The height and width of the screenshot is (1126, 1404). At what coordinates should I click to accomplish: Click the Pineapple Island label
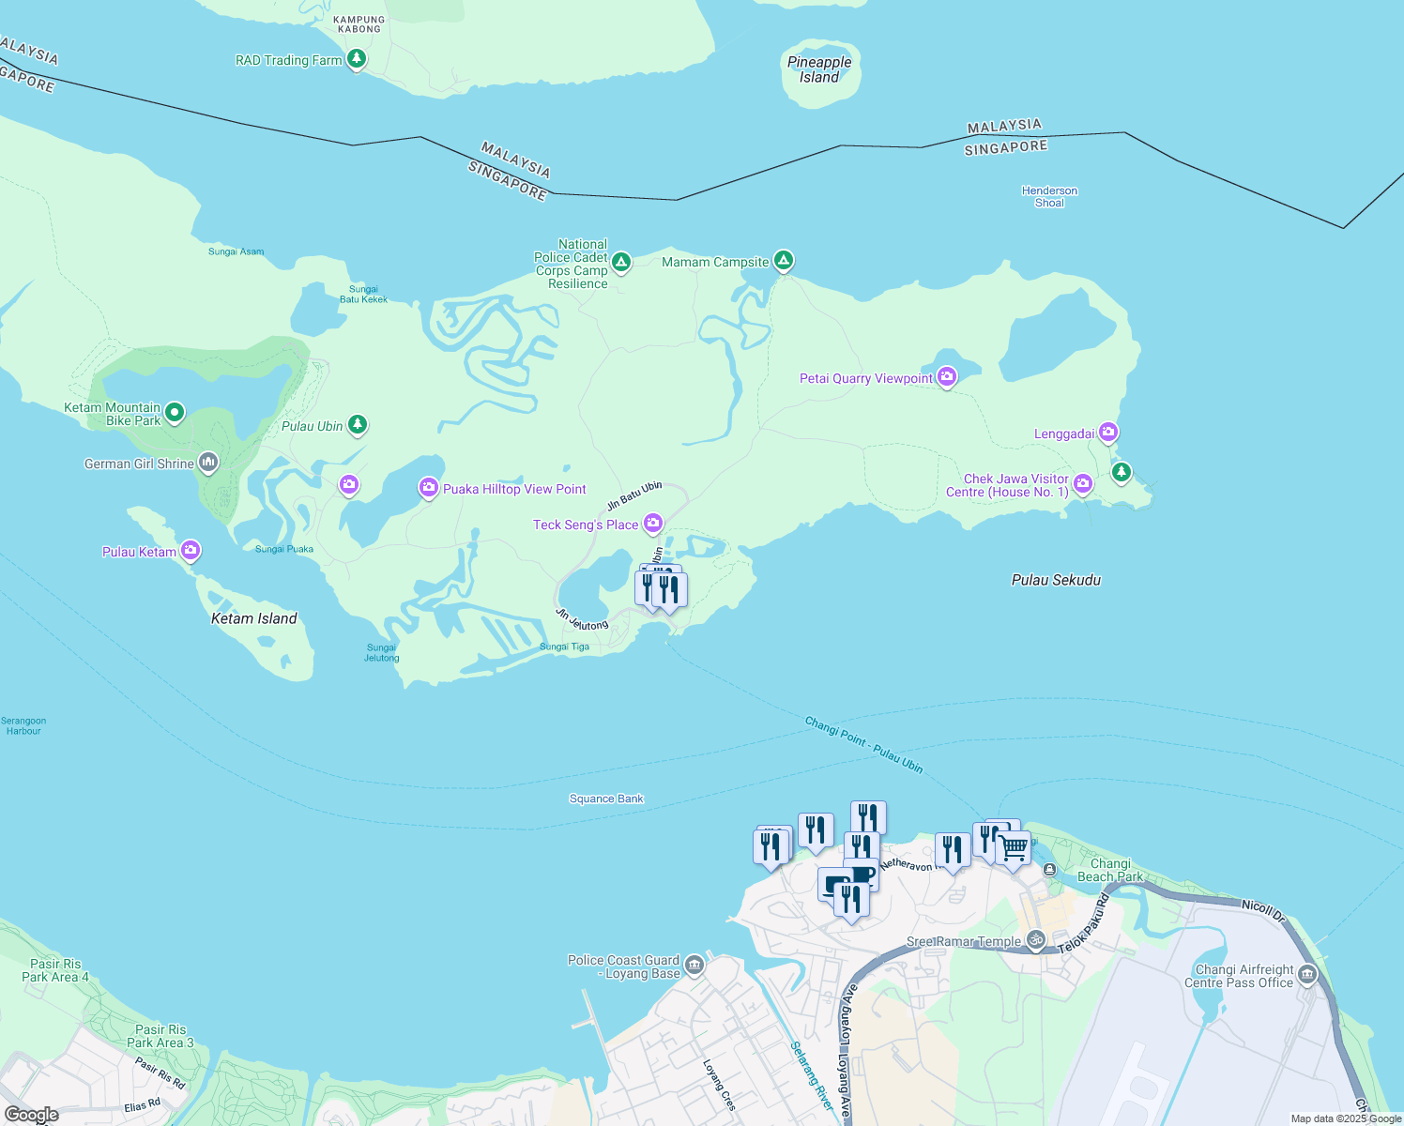[819, 69]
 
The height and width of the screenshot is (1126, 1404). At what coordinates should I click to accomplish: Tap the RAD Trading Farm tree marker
[356, 59]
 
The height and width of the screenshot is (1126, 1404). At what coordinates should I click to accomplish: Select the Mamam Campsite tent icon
[783, 260]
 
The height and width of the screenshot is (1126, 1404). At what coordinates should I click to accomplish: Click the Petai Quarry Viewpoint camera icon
[947, 377]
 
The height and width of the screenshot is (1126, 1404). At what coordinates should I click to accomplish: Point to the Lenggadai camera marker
[1108, 433]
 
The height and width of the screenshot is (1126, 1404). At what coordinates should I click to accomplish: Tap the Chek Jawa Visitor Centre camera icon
[1083, 483]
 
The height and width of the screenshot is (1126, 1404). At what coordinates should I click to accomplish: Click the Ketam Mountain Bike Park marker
[175, 412]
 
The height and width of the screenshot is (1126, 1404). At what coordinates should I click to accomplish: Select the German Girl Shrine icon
[208, 462]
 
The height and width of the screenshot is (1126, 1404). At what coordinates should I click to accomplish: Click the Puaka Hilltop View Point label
[514, 489]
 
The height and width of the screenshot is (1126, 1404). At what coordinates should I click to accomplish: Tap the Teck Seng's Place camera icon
[653, 523]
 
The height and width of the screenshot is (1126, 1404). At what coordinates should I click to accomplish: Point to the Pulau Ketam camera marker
[191, 550]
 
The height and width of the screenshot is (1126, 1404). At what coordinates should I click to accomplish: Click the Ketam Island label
[253, 618]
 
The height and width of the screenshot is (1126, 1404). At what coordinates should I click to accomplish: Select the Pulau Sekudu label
[1056, 580]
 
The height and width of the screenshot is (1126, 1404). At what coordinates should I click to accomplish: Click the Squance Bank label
[606, 799]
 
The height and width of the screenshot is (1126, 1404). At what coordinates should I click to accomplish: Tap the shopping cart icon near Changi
[1014, 847]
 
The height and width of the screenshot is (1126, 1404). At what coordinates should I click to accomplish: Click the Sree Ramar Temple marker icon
[1035, 939]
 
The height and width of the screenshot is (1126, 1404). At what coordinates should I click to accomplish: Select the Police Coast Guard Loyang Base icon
[694, 965]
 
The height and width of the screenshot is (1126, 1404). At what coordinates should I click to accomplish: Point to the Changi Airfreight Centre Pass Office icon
[1307, 975]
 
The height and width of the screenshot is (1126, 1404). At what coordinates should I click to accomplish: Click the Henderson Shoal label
[1049, 196]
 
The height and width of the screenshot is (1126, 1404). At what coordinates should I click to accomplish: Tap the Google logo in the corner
[32, 1115]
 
